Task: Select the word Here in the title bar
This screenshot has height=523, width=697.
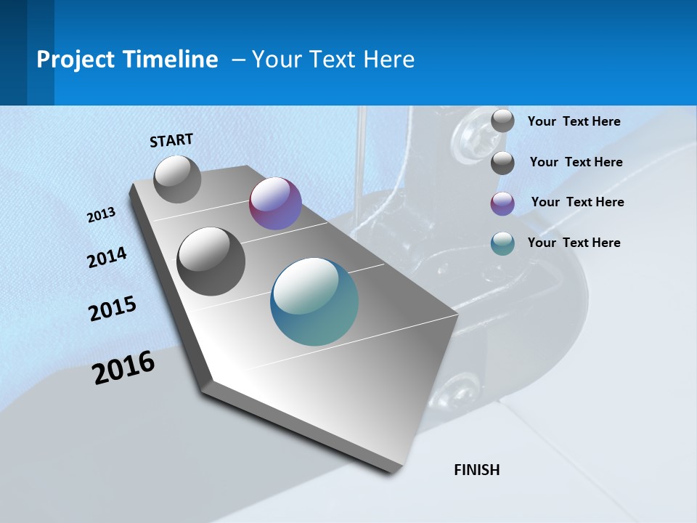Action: (388, 60)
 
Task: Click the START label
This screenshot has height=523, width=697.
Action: (171, 140)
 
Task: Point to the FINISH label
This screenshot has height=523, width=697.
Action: (476, 470)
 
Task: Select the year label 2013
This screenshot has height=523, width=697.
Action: (101, 215)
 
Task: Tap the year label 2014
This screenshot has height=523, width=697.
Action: (107, 258)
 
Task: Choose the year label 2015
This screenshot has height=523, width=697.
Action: (113, 309)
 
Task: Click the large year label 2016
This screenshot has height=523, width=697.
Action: (123, 368)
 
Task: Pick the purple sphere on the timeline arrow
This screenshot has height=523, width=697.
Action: (275, 203)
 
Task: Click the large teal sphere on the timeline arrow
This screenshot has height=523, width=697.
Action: (314, 301)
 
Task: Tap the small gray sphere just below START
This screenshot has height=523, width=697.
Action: (177, 179)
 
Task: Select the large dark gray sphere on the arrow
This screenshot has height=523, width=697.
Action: (211, 261)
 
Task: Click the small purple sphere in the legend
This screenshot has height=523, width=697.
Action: (502, 203)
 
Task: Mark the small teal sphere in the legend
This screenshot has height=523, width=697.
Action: (502, 244)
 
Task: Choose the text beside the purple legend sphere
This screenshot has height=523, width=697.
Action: (577, 202)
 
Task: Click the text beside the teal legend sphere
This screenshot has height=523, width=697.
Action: (574, 243)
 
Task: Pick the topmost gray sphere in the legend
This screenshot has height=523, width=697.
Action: (502, 121)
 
